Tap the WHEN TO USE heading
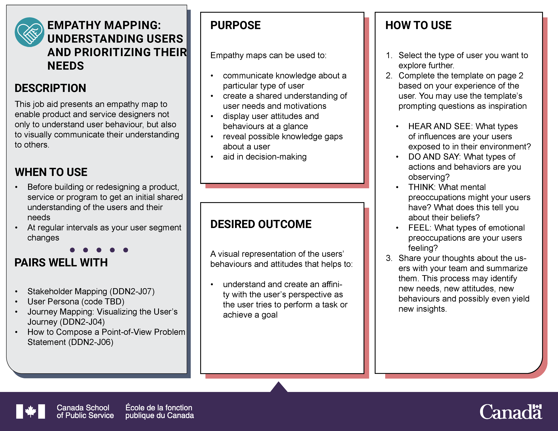pyautogui.click(x=51, y=172)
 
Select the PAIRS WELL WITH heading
pyautogui.click(x=61, y=262)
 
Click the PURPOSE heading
pyautogui.click(x=235, y=25)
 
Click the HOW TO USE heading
pyautogui.click(x=418, y=25)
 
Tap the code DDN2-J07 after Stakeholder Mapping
pyautogui.click(x=132, y=291)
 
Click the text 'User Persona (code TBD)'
pyautogui.click(x=76, y=302)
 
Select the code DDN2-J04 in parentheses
pyautogui.click(x=82, y=322)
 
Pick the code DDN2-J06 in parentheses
pyautogui.click(x=91, y=342)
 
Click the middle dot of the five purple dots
pyautogui.click(x=99, y=250)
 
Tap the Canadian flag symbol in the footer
pyautogui.click(x=31, y=411)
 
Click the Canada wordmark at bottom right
pyautogui.click(x=510, y=412)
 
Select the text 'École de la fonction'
pyautogui.click(x=159, y=408)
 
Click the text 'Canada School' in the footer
pyautogui.click(x=83, y=408)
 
